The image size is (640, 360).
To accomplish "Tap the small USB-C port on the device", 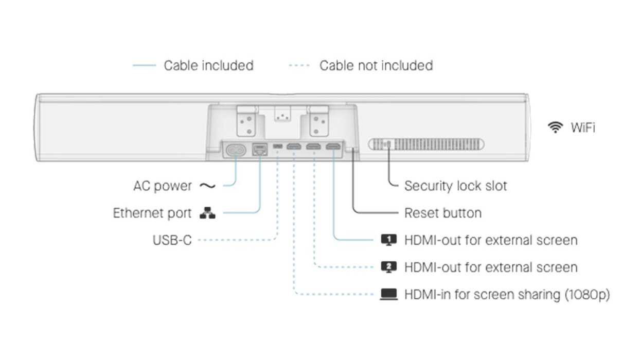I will [278, 148].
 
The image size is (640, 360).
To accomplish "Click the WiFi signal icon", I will [555, 127].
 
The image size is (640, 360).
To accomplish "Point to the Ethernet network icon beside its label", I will [208, 213].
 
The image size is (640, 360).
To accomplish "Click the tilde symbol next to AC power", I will [207, 186].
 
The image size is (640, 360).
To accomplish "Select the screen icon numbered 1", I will [389, 240].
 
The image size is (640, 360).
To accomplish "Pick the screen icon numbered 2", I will [389, 267].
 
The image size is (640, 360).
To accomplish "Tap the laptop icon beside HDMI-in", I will [389, 295].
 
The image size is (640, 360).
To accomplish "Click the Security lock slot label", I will [455, 186].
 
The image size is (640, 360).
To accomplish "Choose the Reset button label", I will [443, 213].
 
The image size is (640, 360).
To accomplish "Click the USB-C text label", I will [172, 240].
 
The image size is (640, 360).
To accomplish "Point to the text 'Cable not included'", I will [376, 66].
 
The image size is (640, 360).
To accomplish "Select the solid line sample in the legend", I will [145, 66].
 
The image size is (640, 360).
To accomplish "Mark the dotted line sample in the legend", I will [299, 66].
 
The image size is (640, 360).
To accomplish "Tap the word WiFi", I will [582, 128].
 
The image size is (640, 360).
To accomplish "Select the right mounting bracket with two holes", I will [319, 120].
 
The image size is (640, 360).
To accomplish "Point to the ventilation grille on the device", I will [426, 145].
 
